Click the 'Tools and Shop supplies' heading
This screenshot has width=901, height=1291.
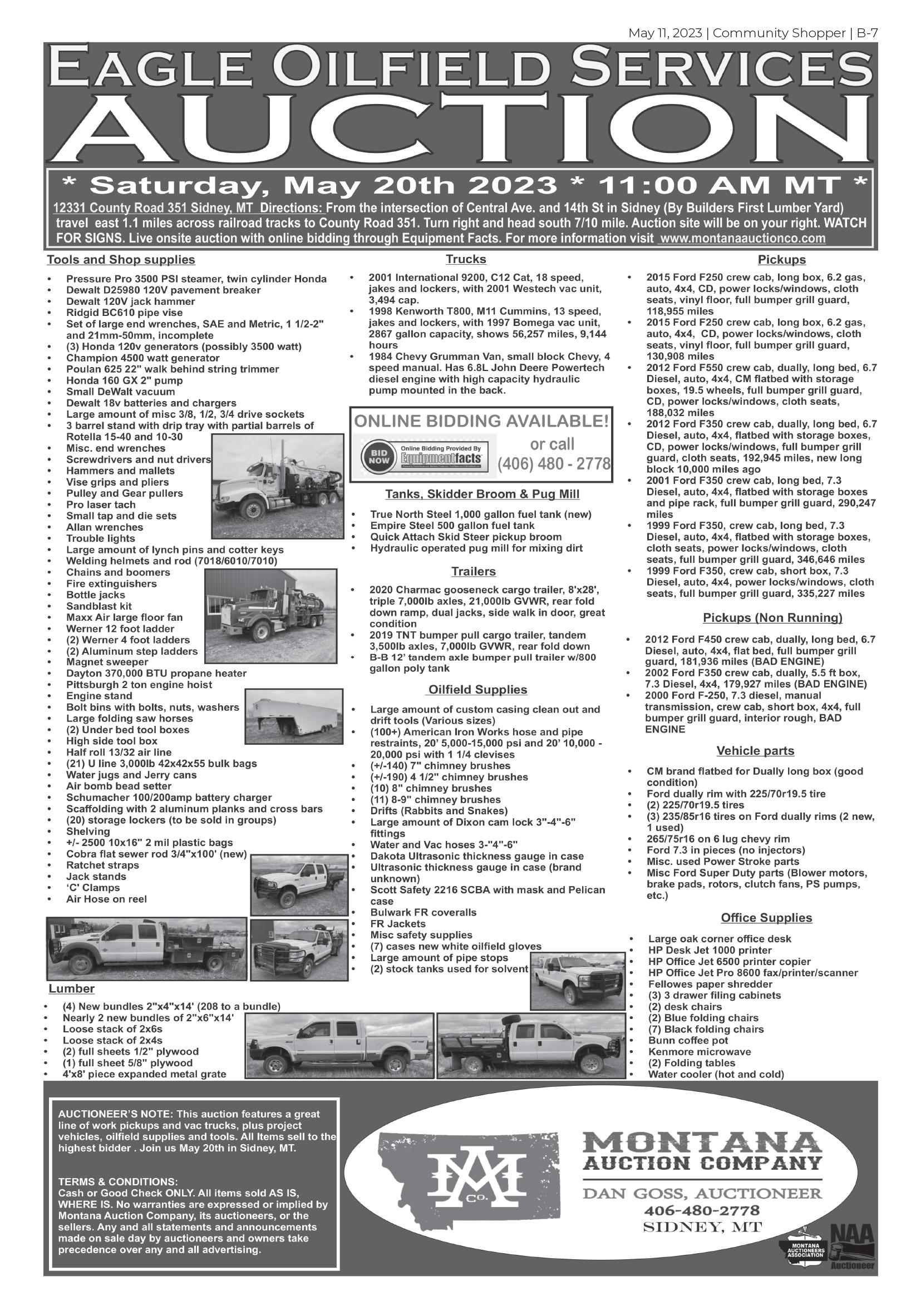121,260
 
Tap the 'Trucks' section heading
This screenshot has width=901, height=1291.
466,259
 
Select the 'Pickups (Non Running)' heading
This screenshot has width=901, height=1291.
772,618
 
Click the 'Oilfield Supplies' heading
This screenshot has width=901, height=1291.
477,690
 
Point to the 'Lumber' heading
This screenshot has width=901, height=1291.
71,988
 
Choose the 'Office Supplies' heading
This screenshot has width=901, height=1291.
766,918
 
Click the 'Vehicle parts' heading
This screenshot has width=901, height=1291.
755,751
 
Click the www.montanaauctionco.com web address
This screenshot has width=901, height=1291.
742,239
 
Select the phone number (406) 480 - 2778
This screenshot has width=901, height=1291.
553,464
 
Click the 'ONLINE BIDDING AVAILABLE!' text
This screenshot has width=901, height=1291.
481,421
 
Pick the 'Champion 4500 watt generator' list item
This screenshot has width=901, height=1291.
143,358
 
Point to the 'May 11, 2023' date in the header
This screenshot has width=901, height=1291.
665,33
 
